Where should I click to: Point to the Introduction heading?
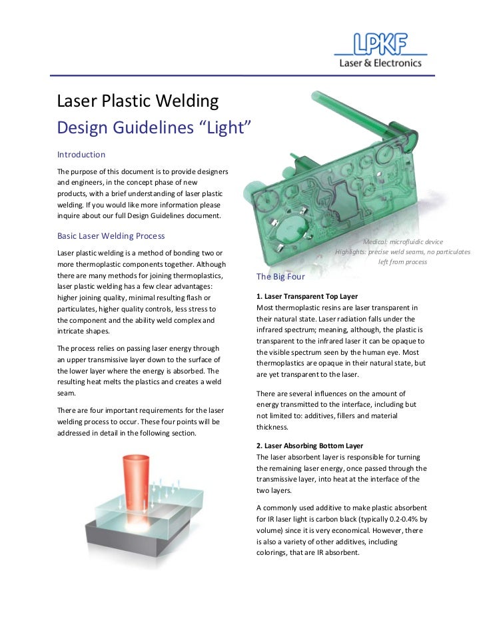tap(81, 155)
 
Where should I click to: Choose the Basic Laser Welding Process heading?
tap(111, 236)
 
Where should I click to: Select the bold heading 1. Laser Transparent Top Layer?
tap(307, 295)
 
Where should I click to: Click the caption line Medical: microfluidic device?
tap(402, 241)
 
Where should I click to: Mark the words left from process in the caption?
tap(402, 262)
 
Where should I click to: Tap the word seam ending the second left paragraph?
tap(67, 393)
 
